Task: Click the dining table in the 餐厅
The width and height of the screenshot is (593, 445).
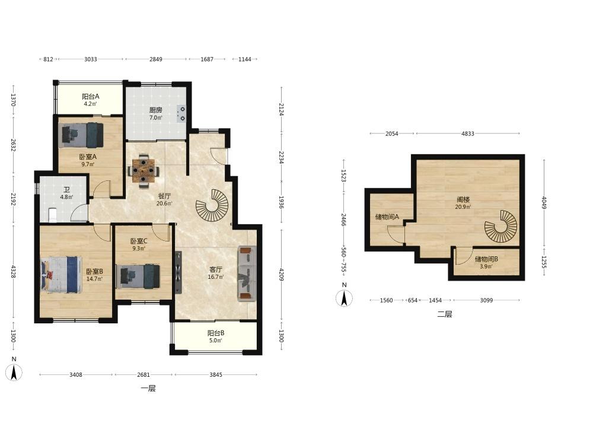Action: (x=144, y=171)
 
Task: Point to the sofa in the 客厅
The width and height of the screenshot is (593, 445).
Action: (x=247, y=274)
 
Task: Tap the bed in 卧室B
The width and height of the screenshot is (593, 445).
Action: (x=61, y=275)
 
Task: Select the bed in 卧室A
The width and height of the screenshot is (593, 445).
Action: (x=82, y=135)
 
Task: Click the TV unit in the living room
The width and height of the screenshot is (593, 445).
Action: (x=178, y=272)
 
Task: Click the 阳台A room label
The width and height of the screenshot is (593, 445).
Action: (x=90, y=97)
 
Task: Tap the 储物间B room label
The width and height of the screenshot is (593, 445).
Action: (x=486, y=259)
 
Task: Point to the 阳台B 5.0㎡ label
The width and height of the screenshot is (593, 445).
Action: (x=216, y=336)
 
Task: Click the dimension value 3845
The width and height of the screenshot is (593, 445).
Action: (x=216, y=374)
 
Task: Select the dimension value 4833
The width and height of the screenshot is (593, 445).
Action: (x=467, y=133)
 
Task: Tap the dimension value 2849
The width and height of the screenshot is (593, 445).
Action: (x=155, y=59)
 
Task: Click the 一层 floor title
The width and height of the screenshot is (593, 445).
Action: (x=148, y=388)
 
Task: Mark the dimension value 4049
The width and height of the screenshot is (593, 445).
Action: (x=544, y=202)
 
